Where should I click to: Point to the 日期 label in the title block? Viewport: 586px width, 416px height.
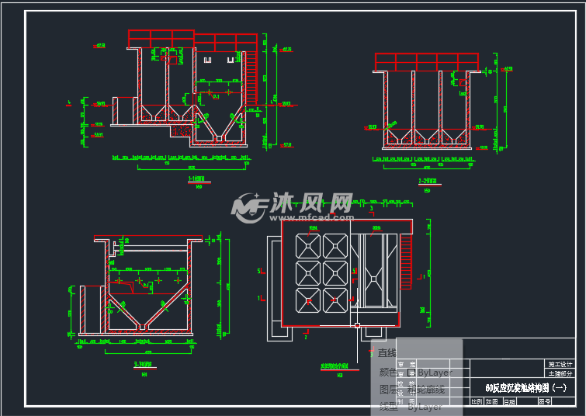coord(508,402)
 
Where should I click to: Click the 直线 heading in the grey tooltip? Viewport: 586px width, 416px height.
coord(387,353)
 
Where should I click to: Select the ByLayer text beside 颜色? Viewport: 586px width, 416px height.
coord(435,373)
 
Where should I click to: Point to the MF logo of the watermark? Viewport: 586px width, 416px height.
coord(249,207)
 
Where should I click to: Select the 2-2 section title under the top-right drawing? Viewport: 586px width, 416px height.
coord(426,181)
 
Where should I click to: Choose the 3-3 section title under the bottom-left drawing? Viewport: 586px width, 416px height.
coord(142,364)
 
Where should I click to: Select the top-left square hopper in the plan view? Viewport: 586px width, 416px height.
coord(309,247)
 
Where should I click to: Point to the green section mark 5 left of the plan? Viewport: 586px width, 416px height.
coord(258,271)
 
